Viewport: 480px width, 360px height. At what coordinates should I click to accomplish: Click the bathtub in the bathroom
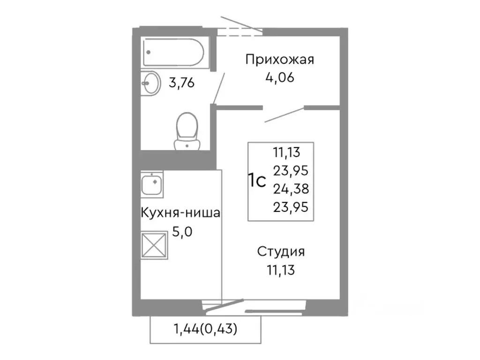coord(173,52)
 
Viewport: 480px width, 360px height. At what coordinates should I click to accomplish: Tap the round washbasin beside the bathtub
coord(150,83)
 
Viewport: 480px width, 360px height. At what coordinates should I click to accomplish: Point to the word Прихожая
coord(280,60)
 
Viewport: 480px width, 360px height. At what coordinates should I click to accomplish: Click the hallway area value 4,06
coord(280,77)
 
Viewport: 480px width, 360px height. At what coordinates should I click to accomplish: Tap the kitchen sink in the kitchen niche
coord(151,184)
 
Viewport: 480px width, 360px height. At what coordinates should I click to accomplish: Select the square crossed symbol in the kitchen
coord(154,244)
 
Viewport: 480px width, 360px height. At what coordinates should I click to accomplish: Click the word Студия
coord(281,252)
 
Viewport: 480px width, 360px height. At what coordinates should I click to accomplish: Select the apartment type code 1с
coord(257,180)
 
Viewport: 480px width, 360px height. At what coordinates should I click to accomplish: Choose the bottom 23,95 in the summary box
coord(290,207)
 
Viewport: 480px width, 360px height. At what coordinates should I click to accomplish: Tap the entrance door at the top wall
coord(240,27)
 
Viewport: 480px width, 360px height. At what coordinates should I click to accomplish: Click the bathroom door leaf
coord(218,88)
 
